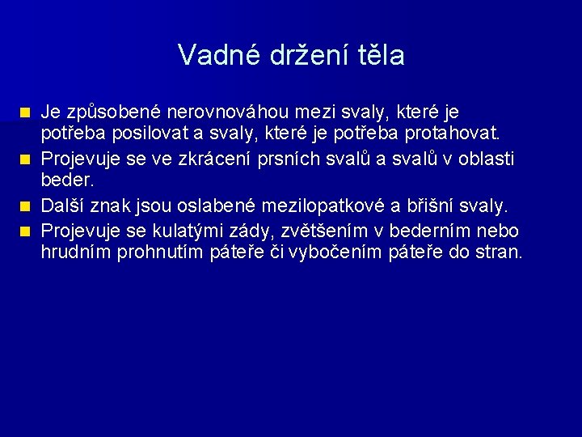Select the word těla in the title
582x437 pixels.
pos(379,55)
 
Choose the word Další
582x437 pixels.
pos(67,206)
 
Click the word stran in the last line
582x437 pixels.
pos(498,252)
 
